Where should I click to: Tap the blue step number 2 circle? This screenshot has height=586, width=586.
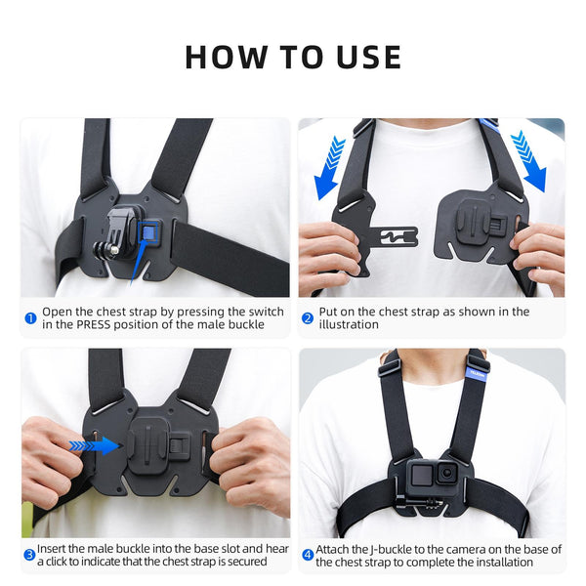[x=308, y=318]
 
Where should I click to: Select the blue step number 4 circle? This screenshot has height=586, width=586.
[x=308, y=554]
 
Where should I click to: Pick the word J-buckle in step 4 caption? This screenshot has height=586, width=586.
[x=395, y=550]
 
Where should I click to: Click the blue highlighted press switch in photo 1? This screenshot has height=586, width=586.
[x=148, y=230]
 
